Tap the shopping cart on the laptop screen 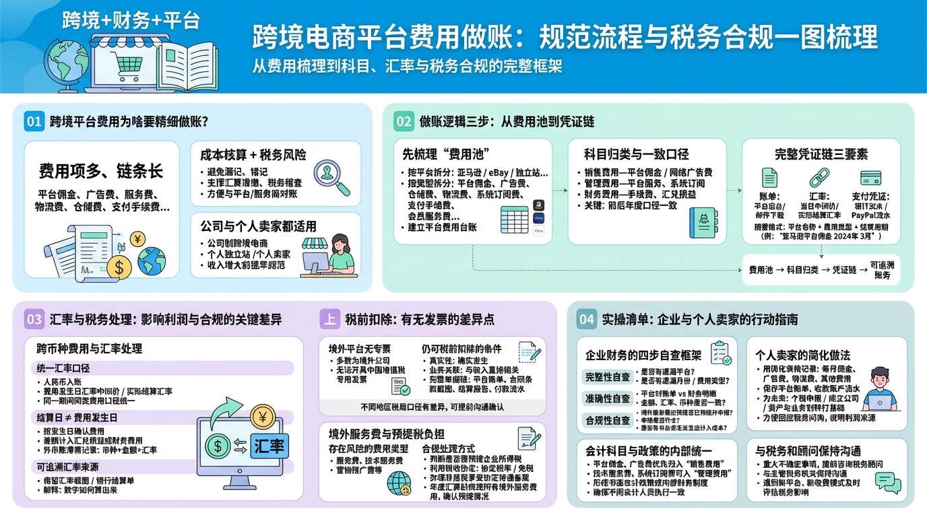tap(127, 66)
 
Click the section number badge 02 tap(404, 121)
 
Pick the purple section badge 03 tap(34, 318)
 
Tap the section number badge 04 tap(586, 319)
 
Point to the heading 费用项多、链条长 tap(101, 170)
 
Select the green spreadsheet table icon tap(514, 219)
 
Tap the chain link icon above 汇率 tap(817, 178)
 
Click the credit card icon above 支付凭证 tap(871, 178)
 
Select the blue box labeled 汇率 tap(269, 445)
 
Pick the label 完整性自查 tap(608, 376)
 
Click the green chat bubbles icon tap(887, 482)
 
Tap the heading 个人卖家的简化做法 tap(802, 355)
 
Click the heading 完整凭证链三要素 tap(821, 154)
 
